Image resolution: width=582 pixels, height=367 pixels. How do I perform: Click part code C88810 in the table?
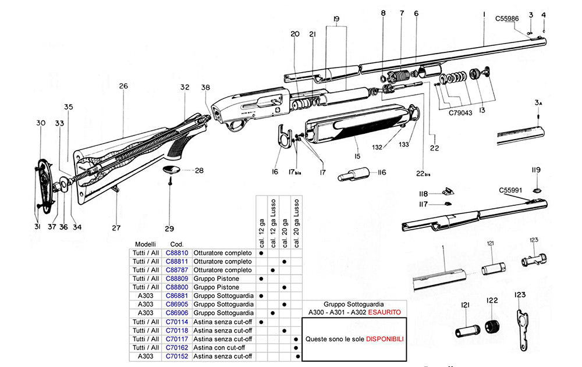coord(176,253)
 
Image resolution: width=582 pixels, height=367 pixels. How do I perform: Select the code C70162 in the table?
coord(176,348)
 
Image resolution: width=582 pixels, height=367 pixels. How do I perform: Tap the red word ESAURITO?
coord(385,312)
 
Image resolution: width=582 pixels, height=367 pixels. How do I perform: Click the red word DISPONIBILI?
coord(385,339)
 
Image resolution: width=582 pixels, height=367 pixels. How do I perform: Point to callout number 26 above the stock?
coord(123,86)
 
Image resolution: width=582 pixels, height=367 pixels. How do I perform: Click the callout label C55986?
coord(507,19)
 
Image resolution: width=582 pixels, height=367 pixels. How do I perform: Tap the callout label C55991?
coord(510,190)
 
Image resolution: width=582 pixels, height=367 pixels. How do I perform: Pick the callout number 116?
coord(382,173)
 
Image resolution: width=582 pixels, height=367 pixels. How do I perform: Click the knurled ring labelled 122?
coord(493,327)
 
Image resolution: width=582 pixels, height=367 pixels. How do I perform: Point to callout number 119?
coord(536,170)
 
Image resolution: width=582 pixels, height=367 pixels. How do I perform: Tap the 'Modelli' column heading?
coord(145,244)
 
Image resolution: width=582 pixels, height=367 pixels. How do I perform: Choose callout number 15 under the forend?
coord(357,156)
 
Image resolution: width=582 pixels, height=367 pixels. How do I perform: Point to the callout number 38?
coord(205,87)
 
